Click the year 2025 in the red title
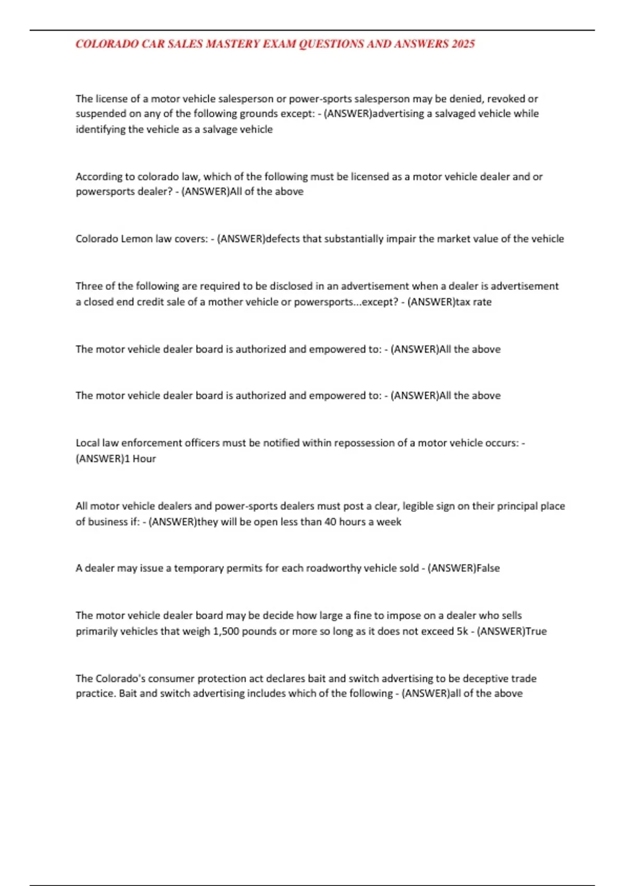(x=463, y=44)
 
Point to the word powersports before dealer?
(x=101, y=191)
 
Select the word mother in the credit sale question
(x=226, y=302)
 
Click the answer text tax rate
(x=473, y=302)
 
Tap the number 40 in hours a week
(x=330, y=522)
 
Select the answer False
(x=488, y=568)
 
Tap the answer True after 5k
(x=536, y=631)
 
